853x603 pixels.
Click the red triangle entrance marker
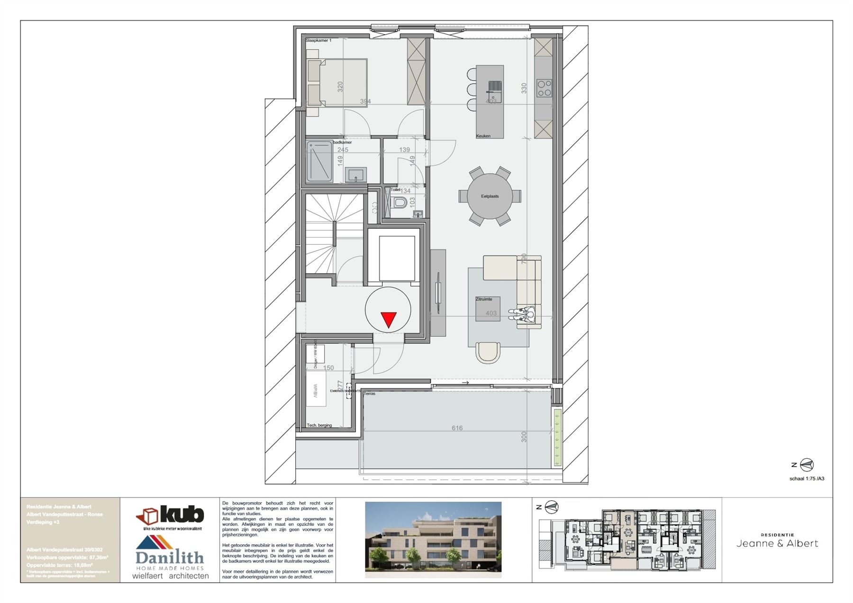click(389, 319)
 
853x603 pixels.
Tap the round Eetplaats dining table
click(490, 196)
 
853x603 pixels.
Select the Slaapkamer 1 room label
click(318, 41)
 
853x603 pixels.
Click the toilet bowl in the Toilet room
click(399, 203)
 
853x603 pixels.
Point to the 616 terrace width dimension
click(457, 428)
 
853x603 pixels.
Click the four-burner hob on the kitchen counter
click(544, 88)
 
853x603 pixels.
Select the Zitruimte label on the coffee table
click(484, 299)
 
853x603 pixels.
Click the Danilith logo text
click(170, 557)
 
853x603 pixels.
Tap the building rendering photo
click(433, 540)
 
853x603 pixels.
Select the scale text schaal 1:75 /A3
click(807, 479)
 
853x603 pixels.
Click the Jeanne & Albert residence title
click(777, 543)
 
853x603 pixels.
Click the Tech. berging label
click(319, 425)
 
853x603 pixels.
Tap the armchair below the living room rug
click(488, 352)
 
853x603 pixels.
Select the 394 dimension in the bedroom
click(365, 101)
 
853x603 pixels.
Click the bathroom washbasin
click(355, 175)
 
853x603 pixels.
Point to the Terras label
click(370, 393)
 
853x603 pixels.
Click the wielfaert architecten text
click(170, 576)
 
